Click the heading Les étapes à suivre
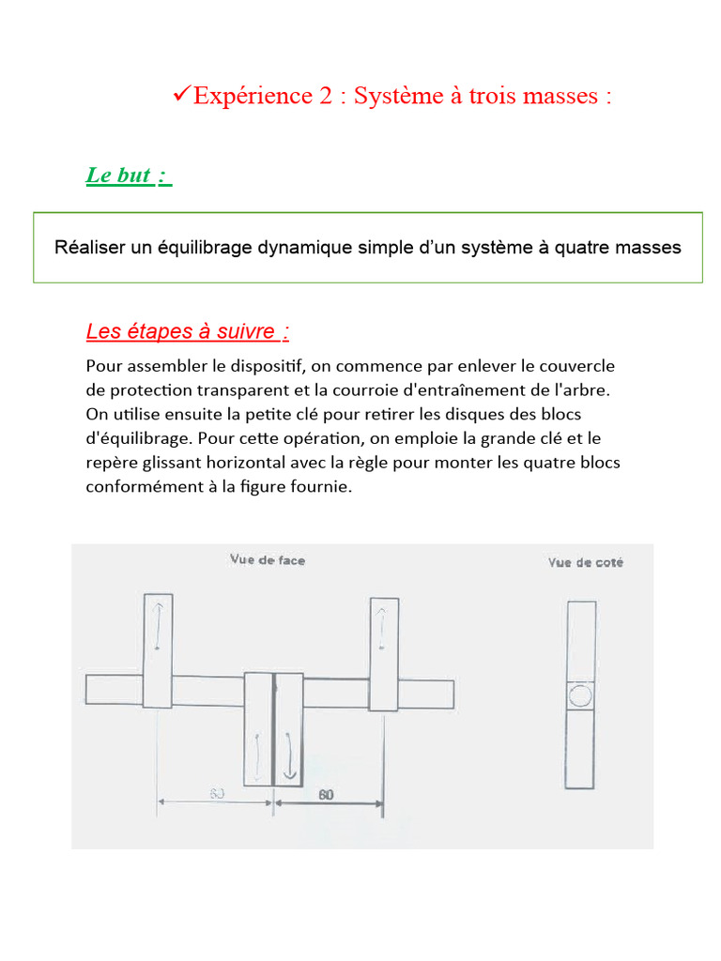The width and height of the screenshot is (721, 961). tap(187, 331)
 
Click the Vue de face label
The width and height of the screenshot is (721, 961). tap(268, 560)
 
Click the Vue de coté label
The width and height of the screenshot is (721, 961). tap(586, 563)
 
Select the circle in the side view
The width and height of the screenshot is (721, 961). tap(581, 695)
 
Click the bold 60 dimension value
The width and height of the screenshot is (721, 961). tap(326, 795)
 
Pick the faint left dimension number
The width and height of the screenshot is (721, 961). tap(216, 795)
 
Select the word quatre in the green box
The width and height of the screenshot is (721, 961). tap(584, 248)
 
